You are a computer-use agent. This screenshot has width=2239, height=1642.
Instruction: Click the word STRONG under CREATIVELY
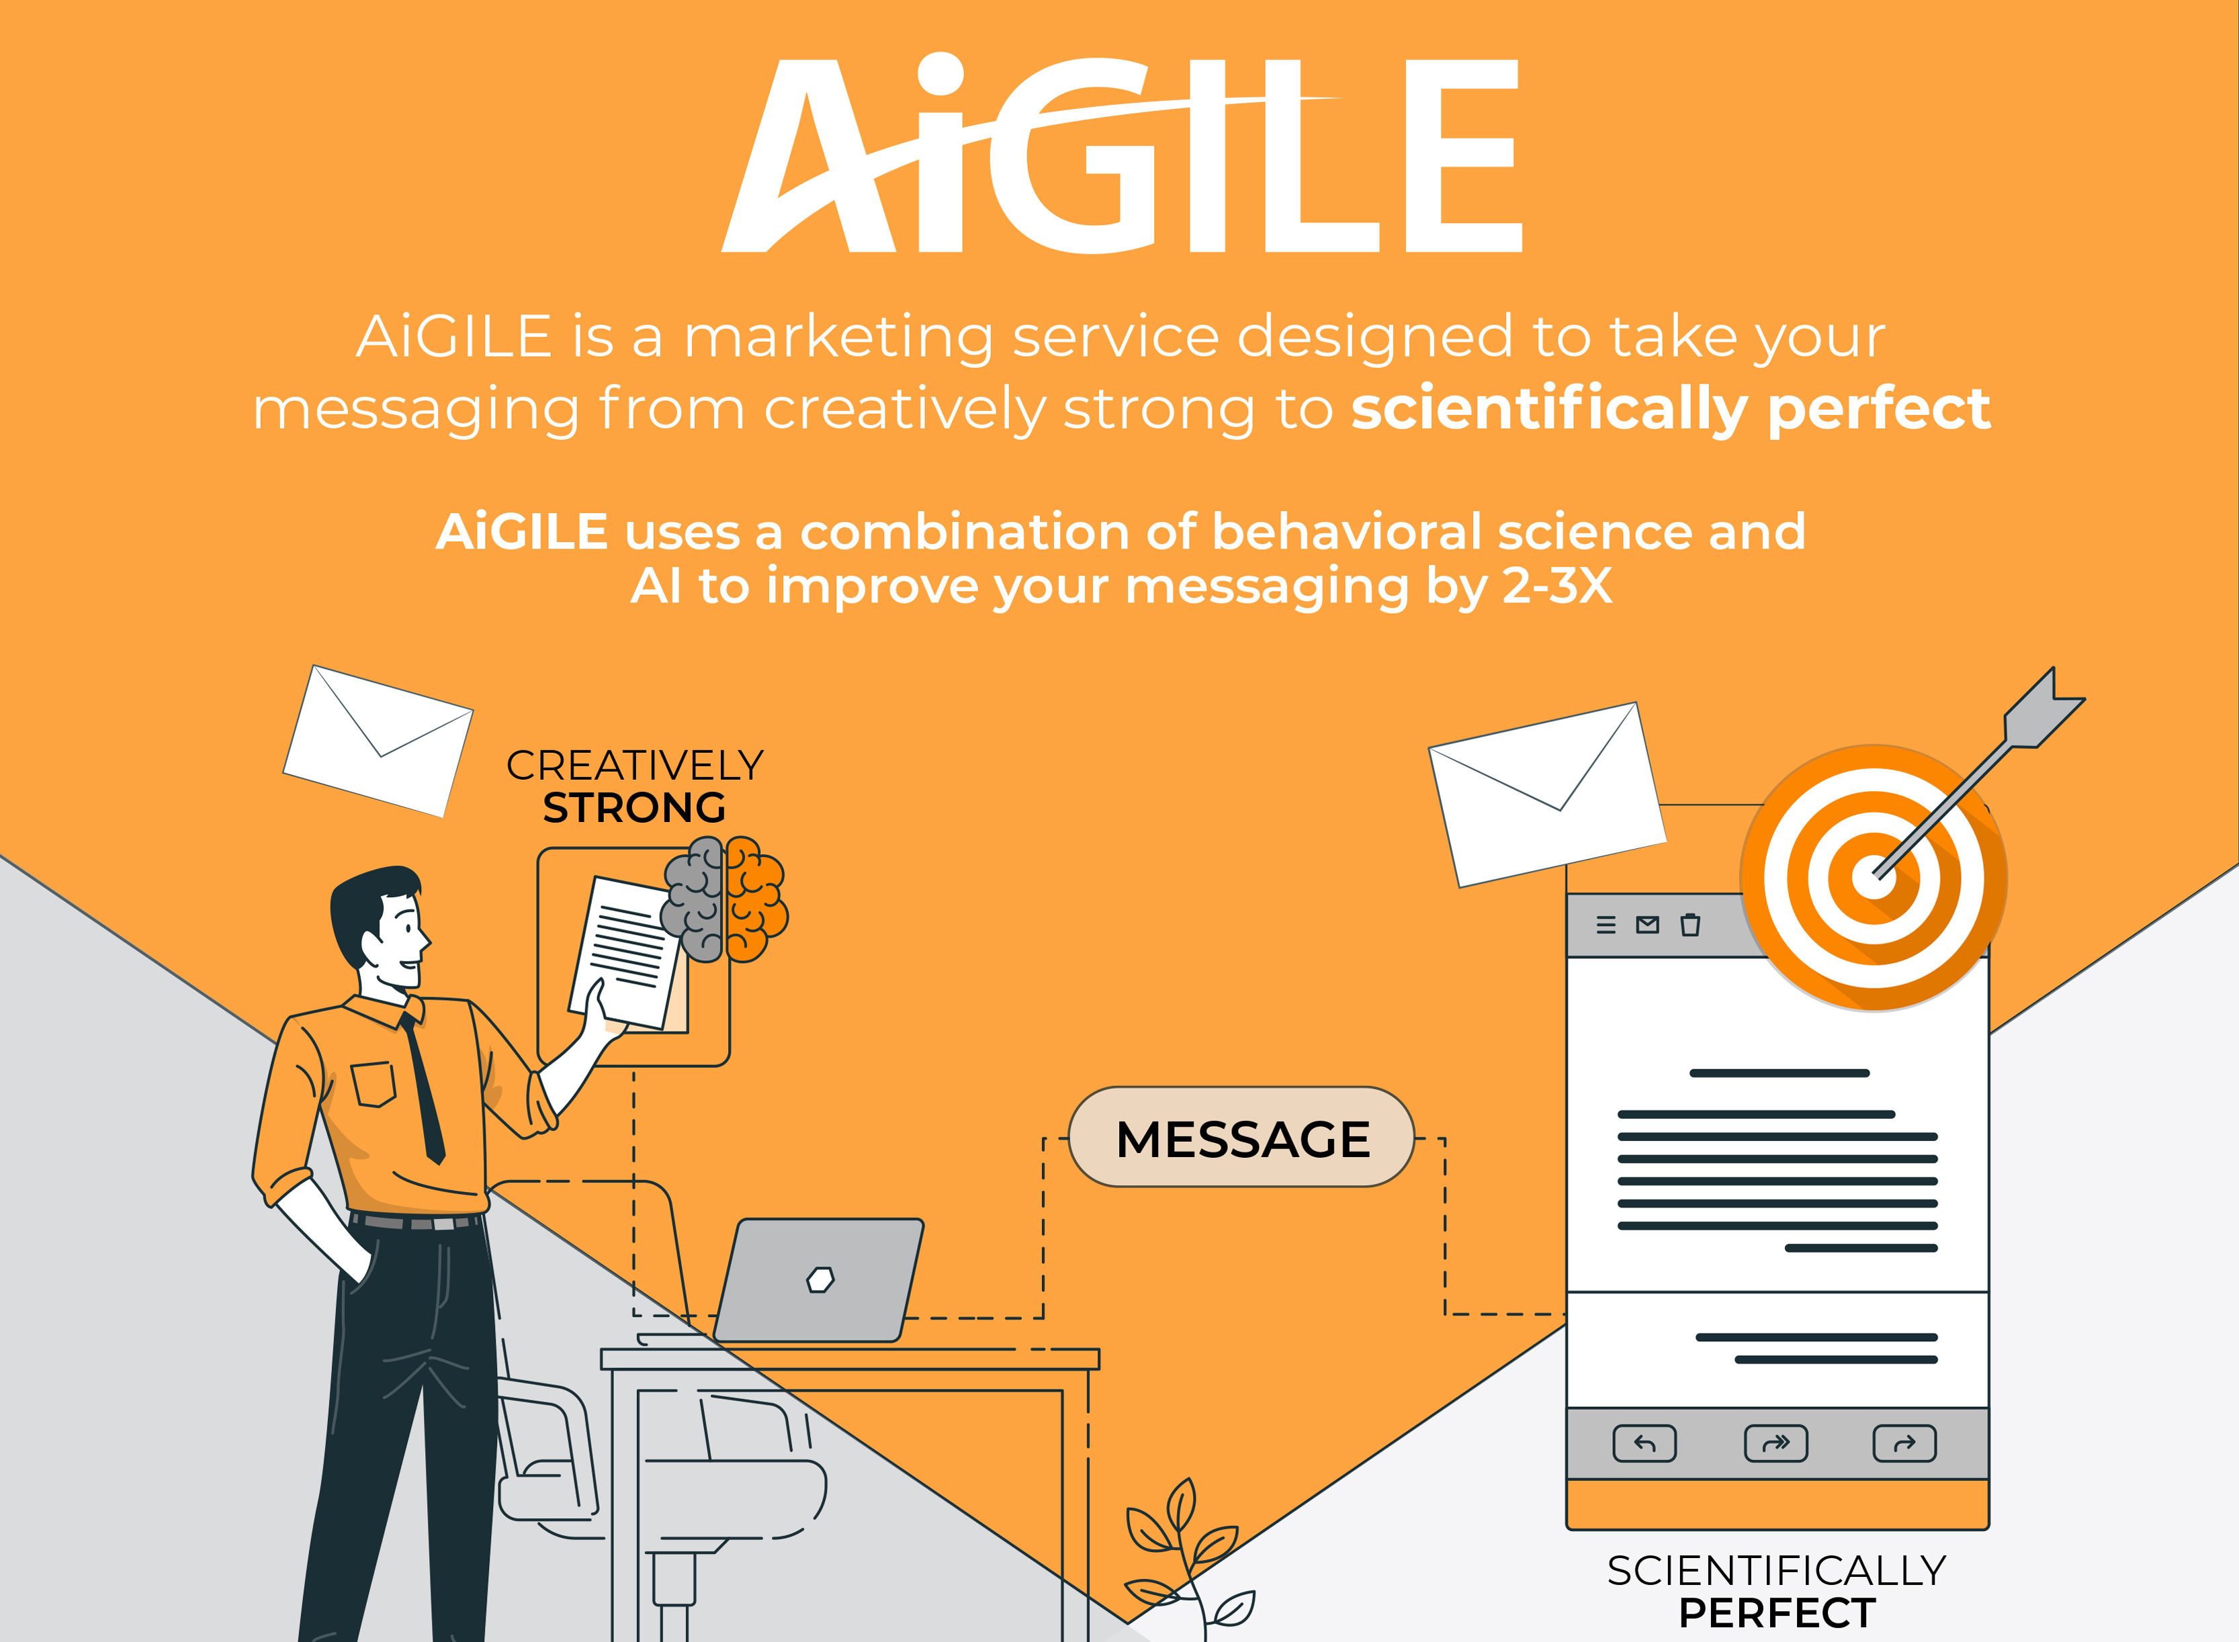(x=634, y=808)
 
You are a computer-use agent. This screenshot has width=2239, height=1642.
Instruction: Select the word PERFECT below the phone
(x=1777, y=1613)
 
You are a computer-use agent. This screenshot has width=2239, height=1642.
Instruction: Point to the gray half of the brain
(x=694, y=899)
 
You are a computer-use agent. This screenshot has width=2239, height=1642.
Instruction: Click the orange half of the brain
(x=756, y=899)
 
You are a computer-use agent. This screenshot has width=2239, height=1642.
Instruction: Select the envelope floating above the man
(x=378, y=741)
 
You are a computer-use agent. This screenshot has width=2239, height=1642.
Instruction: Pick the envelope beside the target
(x=1547, y=795)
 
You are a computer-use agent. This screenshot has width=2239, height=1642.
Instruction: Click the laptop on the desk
(x=818, y=1280)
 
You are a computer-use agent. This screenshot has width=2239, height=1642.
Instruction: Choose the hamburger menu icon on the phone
(x=1606, y=925)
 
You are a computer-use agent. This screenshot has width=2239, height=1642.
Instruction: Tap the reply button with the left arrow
(x=1644, y=1443)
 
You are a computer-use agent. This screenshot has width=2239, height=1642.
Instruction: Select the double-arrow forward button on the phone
(x=1775, y=1443)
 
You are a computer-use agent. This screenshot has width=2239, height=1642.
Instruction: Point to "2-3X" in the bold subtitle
(x=1557, y=586)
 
